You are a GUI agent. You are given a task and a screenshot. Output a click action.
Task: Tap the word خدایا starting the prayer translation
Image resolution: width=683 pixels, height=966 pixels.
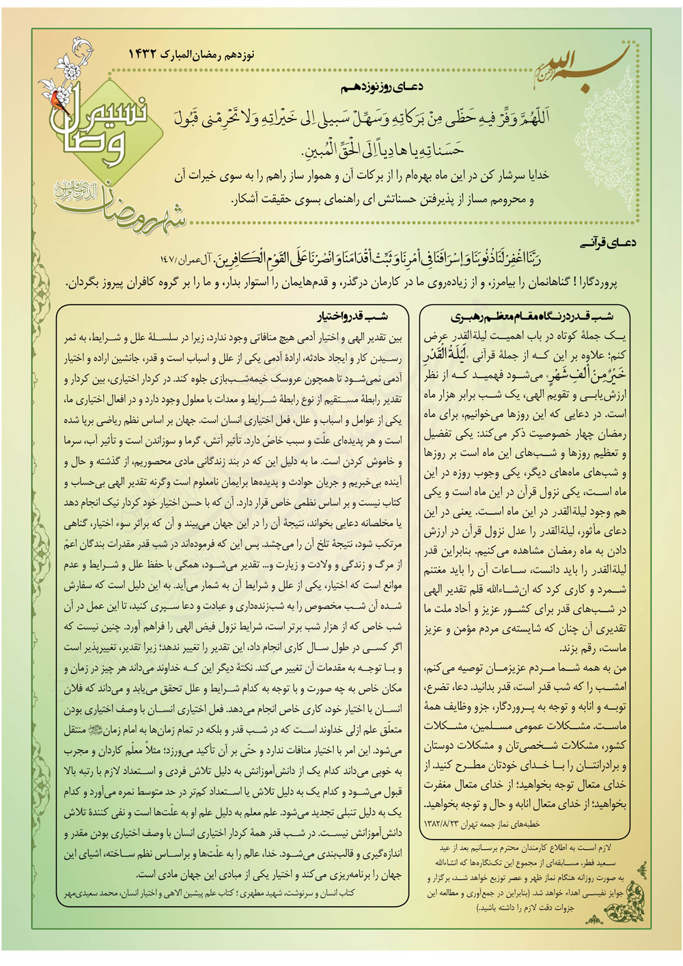534,175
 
